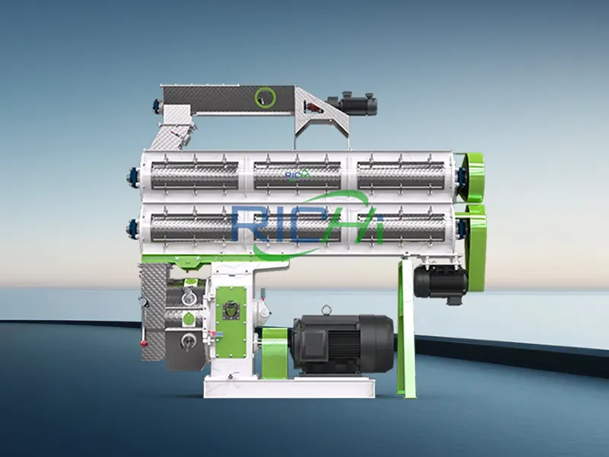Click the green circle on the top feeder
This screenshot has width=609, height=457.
click(x=265, y=96)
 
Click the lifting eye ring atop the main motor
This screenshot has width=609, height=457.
click(x=327, y=309)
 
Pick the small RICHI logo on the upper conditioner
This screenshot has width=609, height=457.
click(x=298, y=174)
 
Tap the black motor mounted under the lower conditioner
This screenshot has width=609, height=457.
click(x=439, y=282)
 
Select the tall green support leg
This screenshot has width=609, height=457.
click(x=408, y=328)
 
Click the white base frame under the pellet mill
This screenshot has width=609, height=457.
click(x=289, y=388)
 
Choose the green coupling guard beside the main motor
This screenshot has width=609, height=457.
click(x=275, y=353)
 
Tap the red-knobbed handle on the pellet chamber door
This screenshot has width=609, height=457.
click(x=263, y=310)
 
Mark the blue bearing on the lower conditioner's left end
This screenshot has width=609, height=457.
click(x=131, y=226)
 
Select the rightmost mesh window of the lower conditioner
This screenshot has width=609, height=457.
click(x=400, y=226)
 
